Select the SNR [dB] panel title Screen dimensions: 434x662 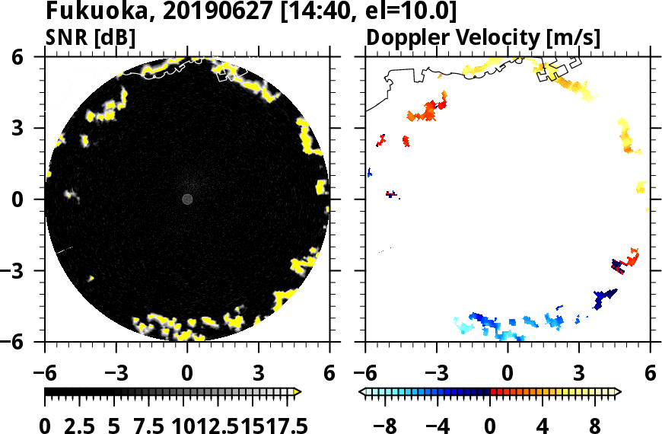pyautogui.click(x=91, y=37)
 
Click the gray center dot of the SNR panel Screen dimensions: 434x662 pyautogui.click(x=187, y=199)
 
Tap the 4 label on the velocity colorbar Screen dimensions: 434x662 pyautogui.click(x=543, y=426)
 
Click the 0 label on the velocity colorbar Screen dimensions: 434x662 pyautogui.click(x=491, y=426)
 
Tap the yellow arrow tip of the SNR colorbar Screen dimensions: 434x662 pyautogui.click(x=298, y=392)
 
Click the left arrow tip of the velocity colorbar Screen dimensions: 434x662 pyautogui.click(x=361, y=392)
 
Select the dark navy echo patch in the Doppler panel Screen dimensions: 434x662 pyautogui.click(x=605, y=296)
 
